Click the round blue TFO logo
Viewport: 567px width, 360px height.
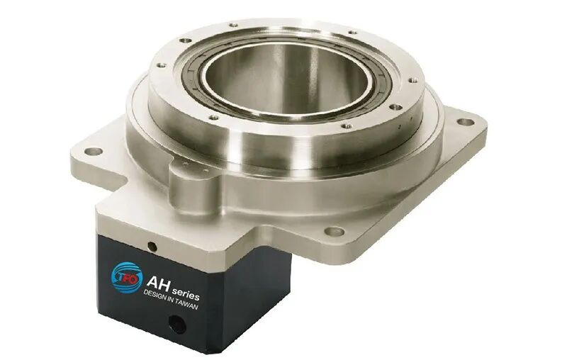tap(126, 278)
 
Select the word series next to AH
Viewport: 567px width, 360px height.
tap(186, 293)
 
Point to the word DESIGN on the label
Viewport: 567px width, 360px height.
tap(156, 296)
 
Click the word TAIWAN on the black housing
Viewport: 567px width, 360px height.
tap(186, 304)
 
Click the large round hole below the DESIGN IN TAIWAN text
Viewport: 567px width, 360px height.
tap(177, 325)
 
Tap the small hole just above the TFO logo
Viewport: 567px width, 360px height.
tap(152, 247)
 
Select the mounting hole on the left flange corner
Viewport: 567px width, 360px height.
tap(94, 152)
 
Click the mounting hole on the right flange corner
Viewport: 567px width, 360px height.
tap(466, 122)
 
